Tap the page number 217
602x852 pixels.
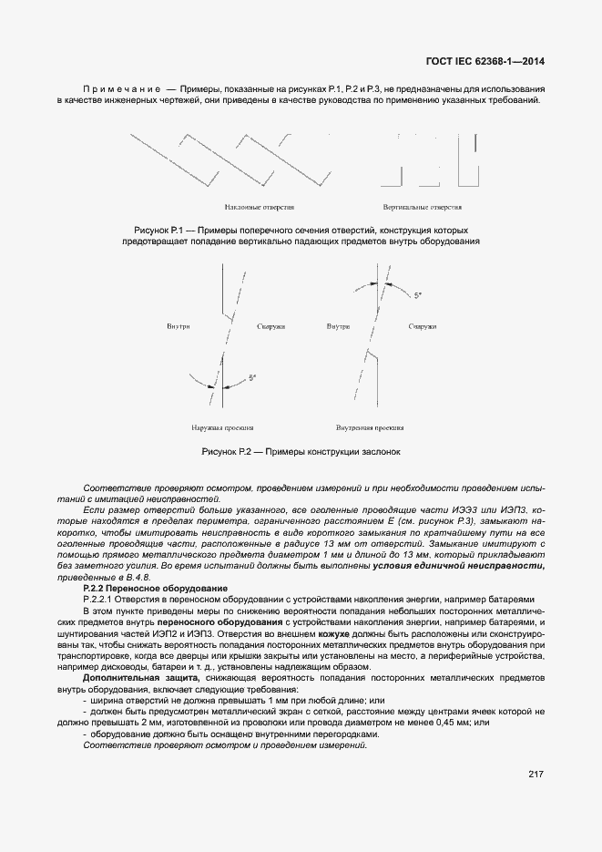536,774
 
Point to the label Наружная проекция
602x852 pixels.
221,426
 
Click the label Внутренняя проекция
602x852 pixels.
371,426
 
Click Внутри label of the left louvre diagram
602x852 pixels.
179,326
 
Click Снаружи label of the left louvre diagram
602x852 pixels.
271,326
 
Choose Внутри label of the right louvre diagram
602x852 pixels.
339,326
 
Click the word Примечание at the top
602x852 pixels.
121,89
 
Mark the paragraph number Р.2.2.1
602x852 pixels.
100,599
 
